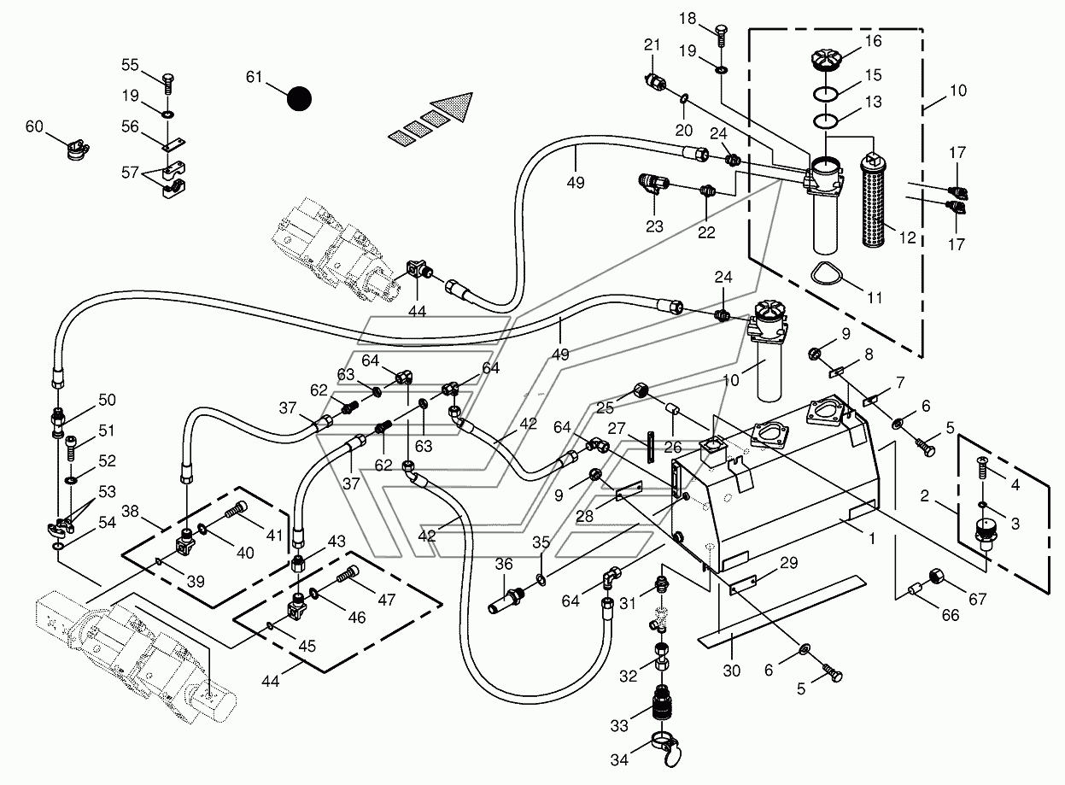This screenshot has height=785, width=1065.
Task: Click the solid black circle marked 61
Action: tap(299, 99)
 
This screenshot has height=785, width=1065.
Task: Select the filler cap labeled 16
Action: tap(828, 61)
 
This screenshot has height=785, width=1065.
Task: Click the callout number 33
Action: tap(619, 725)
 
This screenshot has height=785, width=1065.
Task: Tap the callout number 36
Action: tap(504, 564)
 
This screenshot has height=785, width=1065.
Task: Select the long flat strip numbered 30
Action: tap(781, 612)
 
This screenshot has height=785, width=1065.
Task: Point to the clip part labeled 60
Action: tap(77, 149)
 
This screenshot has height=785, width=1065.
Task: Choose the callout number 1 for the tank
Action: tap(871, 538)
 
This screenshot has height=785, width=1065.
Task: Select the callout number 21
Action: tap(652, 44)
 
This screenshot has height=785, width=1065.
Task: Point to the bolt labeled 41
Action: tap(235, 510)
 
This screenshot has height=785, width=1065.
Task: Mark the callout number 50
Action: tap(107, 400)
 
